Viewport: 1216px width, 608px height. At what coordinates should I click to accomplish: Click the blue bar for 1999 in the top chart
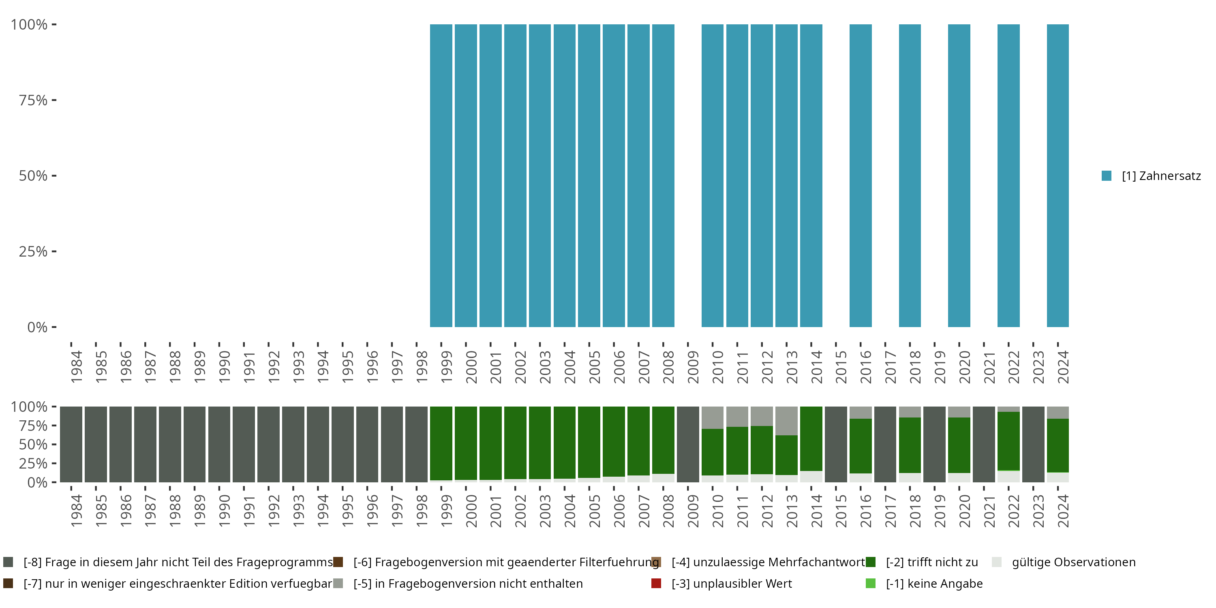pyautogui.click(x=441, y=176)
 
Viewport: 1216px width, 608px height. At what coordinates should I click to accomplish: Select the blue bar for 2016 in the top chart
pyautogui.click(x=861, y=176)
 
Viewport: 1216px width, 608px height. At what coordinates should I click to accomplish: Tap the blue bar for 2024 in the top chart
pyautogui.click(x=1058, y=176)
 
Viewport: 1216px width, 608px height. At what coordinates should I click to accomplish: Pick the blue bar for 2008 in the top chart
pyautogui.click(x=663, y=176)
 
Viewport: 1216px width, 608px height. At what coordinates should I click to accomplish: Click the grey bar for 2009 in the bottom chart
pyautogui.click(x=688, y=444)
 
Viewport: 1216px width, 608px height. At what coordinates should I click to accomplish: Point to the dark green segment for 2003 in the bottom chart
pyautogui.click(x=539, y=442)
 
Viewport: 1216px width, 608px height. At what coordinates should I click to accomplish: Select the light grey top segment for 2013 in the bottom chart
pyautogui.click(x=786, y=421)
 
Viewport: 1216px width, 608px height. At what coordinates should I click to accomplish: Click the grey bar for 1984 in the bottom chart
pyautogui.click(x=71, y=444)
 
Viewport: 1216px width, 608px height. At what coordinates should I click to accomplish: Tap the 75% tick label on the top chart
pyautogui.click(x=33, y=101)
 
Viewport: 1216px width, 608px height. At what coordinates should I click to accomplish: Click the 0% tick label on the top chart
pyautogui.click(x=37, y=327)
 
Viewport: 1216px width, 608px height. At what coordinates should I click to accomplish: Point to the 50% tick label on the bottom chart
pyautogui.click(x=33, y=445)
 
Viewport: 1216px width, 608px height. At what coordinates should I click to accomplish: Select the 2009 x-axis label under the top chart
pyautogui.click(x=692, y=367)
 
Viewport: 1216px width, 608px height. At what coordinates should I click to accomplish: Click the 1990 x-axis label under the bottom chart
pyautogui.click(x=224, y=511)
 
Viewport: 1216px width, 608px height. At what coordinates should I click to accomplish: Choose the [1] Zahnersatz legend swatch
pyautogui.click(x=1107, y=176)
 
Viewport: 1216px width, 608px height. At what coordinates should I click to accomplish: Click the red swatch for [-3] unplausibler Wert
pyautogui.click(x=656, y=583)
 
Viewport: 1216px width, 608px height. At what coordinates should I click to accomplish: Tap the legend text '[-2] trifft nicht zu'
pyautogui.click(x=931, y=562)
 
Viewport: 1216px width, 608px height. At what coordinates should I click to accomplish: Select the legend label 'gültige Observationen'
pyautogui.click(x=1073, y=562)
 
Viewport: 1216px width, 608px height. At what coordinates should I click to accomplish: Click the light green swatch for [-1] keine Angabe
pyautogui.click(x=871, y=583)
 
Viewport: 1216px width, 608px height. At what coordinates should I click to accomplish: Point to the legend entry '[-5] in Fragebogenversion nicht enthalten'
pyautogui.click(x=468, y=583)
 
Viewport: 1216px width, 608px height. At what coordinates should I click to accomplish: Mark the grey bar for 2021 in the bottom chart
pyautogui.click(x=984, y=444)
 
